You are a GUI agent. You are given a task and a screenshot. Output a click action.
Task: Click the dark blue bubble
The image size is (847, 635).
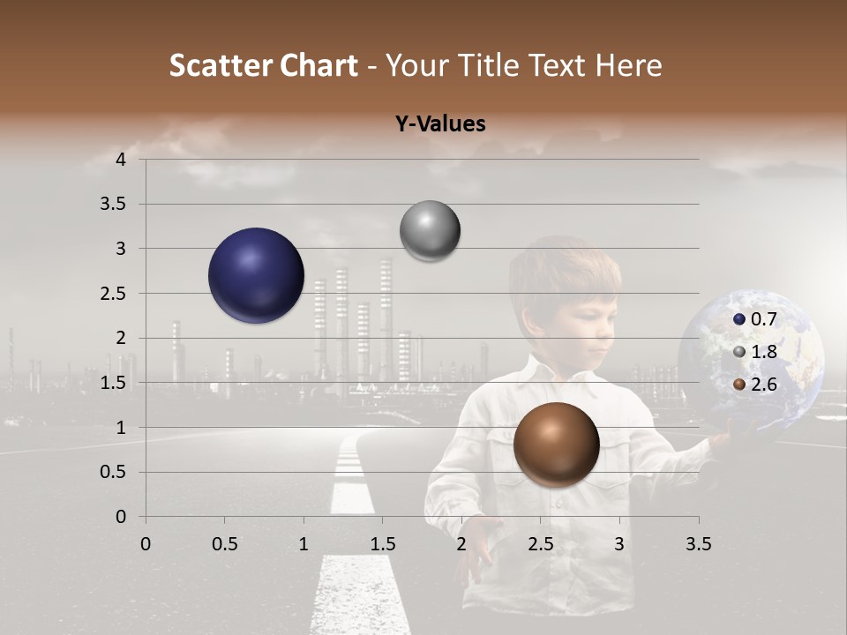[x=256, y=275]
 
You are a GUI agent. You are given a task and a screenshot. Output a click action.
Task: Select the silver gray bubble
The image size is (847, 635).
[x=430, y=231]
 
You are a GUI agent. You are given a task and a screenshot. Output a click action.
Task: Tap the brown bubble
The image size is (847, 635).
[x=556, y=444]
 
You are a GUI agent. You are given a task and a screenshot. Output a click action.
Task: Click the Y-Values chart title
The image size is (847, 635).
[x=440, y=124]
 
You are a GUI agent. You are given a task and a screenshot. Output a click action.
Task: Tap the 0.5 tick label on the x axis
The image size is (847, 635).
[x=224, y=544]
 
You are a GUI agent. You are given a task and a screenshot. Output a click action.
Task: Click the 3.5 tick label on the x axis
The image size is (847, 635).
[x=698, y=544]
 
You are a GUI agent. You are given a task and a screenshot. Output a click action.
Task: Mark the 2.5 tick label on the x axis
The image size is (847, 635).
[x=540, y=544]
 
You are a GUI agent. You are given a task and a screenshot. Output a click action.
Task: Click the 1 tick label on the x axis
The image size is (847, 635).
[x=304, y=544]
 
